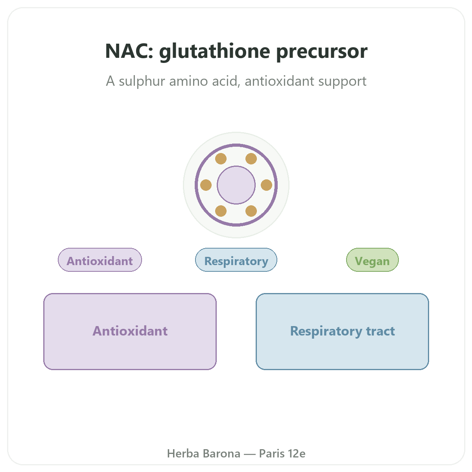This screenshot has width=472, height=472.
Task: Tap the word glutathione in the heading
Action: [x=215, y=52]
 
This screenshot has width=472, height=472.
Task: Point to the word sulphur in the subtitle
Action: [x=142, y=81]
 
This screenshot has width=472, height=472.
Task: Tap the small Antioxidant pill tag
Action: [x=100, y=260]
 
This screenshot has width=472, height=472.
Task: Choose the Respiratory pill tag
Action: [x=236, y=260]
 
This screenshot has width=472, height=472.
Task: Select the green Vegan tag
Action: [x=372, y=260]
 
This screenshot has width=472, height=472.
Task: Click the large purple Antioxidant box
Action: [x=130, y=331]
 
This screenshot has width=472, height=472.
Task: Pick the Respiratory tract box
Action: [x=342, y=331]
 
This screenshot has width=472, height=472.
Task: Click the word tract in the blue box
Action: [x=380, y=331]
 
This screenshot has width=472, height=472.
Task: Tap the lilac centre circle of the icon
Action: [x=236, y=185]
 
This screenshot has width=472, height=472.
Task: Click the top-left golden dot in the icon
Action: [x=221, y=159]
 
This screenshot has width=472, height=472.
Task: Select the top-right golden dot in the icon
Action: [x=251, y=159]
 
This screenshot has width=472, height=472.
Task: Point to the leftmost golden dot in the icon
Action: [x=206, y=185]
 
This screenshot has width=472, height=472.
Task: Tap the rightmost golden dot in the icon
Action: [x=267, y=185]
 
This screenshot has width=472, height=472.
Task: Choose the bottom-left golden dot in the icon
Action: [x=221, y=211]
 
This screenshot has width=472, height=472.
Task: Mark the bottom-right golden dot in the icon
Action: [x=251, y=211]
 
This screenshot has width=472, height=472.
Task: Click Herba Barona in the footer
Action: [x=203, y=454]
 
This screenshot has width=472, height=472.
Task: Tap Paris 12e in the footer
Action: [x=282, y=454]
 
